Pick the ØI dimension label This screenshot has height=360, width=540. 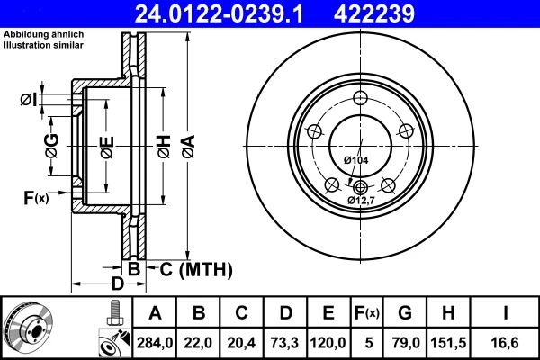coord(29,99)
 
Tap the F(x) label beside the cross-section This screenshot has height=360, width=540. coord(35,198)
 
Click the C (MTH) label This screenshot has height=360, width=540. coord(195,269)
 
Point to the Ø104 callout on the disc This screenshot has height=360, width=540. coord(355,159)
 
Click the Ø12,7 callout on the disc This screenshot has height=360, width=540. coord(360,199)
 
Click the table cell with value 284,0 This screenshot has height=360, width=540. coord(155,343)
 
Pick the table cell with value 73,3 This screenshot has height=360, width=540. coord(285,343)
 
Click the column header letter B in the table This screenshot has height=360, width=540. coord(200,314)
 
